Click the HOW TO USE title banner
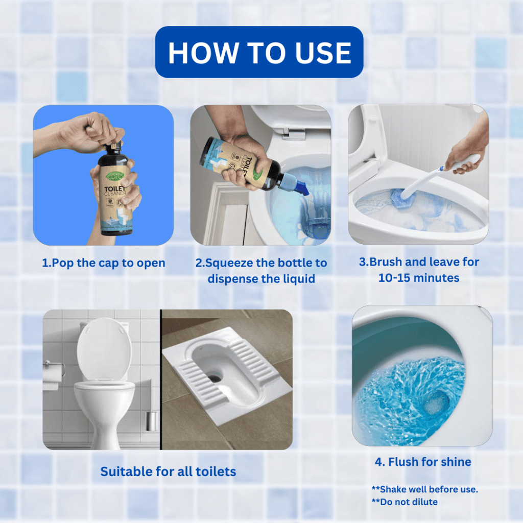(x=259, y=52)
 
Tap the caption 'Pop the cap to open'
(x=104, y=263)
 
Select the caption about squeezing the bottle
(x=261, y=271)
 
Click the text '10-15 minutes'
(x=418, y=278)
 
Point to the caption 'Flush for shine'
(x=423, y=462)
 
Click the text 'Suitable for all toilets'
(x=168, y=471)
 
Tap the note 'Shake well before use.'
(x=425, y=489)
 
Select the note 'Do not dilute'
(x=405, y=502)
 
